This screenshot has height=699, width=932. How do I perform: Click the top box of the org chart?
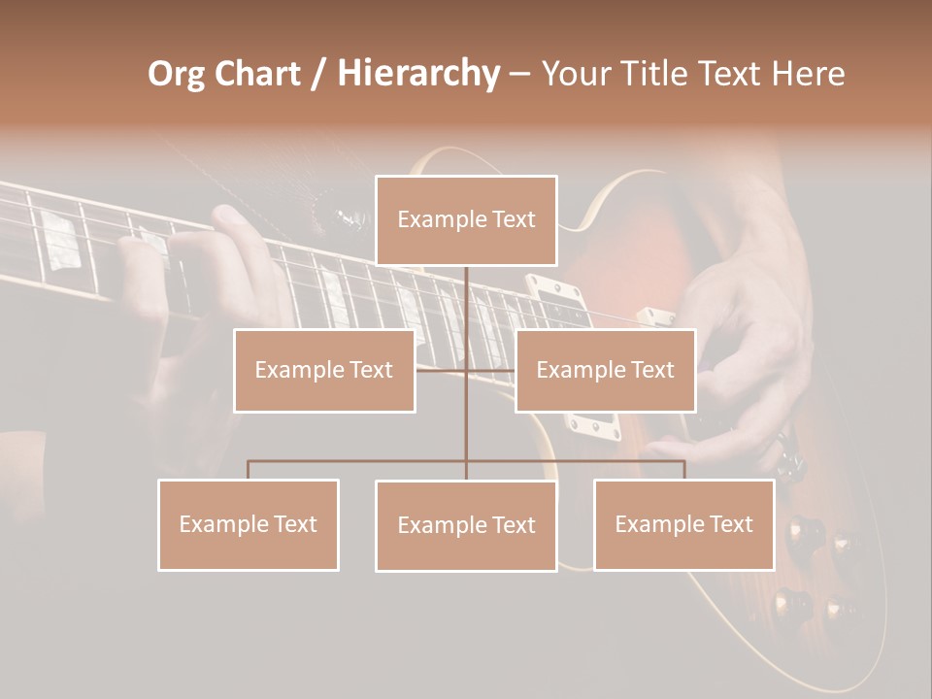click(466, 220)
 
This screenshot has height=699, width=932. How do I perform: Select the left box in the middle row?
click(324, 370)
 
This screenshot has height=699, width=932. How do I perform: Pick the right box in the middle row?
click(605, 370)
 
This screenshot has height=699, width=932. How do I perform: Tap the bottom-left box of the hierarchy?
click(249, 524)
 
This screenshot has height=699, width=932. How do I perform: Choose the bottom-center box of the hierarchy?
click(466, 525)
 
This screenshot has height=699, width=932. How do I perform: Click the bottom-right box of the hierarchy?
click(683, 524)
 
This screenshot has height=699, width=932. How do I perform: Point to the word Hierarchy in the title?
click(417, 74)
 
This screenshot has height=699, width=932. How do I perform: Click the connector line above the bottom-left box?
click(249, 470)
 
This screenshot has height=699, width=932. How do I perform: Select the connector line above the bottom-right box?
click(683, 470)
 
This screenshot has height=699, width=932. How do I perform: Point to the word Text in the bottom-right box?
click(730, 524)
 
